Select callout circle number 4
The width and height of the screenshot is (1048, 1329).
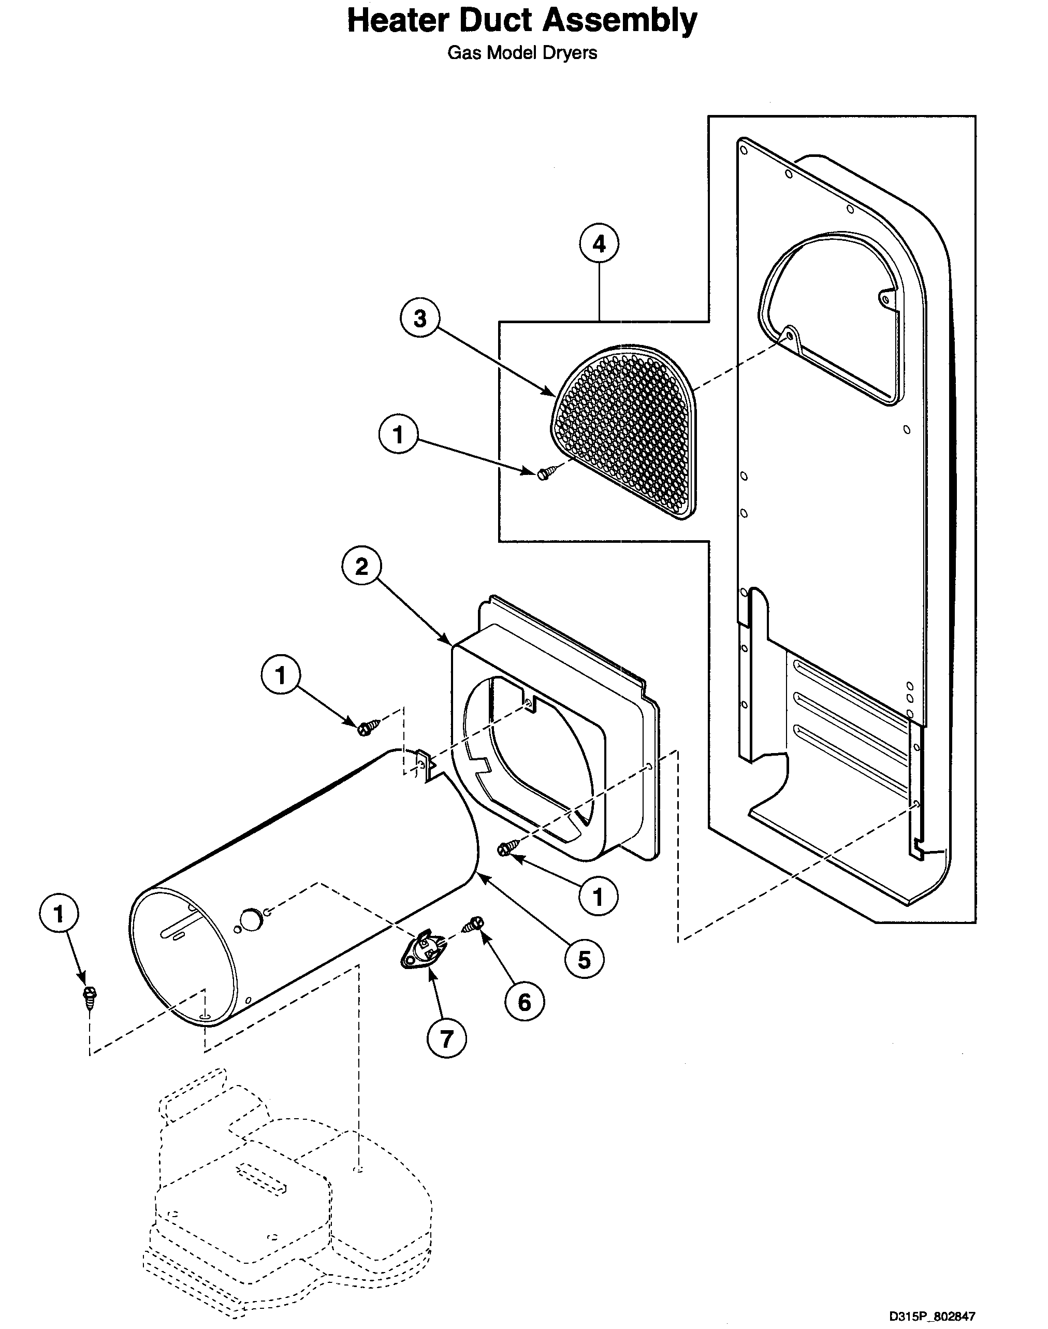[599, 244]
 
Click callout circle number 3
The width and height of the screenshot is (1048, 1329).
[420, 319]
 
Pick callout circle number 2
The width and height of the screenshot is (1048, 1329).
[361, 566]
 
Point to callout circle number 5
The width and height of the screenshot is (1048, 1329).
[584, 960]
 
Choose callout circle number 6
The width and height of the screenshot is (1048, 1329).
[524, 1002]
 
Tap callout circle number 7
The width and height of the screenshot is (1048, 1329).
[446, 1039]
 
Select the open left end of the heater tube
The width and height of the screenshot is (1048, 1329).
[183, 956]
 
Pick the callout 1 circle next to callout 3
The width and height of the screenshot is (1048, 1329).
[398, 435]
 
